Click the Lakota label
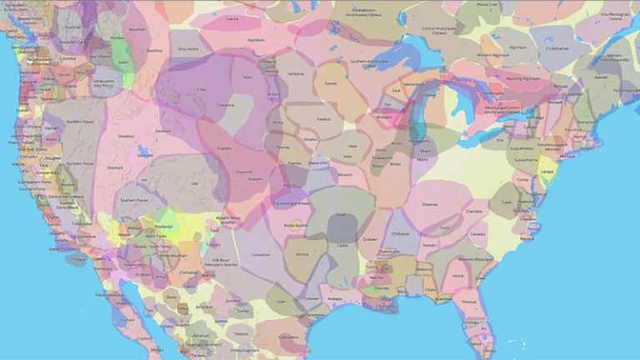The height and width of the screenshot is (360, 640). coord(232,18)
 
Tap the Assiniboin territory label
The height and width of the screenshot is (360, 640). coord(255,39)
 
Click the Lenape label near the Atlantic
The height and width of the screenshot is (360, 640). coord(547,170)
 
